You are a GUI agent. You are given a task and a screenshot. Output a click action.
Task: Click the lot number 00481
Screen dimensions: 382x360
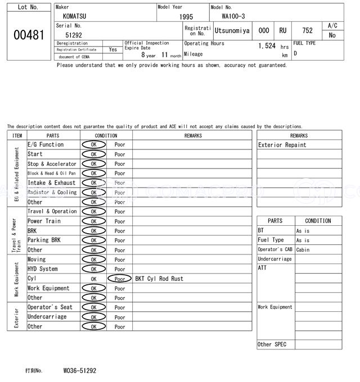tap(28, 35)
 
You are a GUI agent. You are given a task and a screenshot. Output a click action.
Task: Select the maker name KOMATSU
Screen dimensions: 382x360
tap(75, 16)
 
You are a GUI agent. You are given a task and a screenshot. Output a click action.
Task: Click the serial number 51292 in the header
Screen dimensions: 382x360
tap(74, 35)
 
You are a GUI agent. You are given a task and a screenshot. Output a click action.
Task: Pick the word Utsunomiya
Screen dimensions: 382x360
tap(232, 31)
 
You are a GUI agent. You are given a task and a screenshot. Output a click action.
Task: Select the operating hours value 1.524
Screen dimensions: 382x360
tap(267, 46)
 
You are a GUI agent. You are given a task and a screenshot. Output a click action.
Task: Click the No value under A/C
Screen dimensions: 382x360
tap(332, 35)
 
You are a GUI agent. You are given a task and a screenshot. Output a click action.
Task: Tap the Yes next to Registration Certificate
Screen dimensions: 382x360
tap(113, 49)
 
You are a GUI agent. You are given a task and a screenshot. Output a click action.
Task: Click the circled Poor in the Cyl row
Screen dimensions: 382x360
tap(120, 279)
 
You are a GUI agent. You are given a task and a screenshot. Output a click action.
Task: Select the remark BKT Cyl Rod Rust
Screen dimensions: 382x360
tap(159, 279)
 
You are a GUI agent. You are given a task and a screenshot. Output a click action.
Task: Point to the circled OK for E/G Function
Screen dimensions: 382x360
tap(93, 145)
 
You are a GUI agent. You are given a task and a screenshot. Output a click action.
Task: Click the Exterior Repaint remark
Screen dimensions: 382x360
tap(282, 145)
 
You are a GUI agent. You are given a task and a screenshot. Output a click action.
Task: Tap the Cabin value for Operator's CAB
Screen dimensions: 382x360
tap(303, 250)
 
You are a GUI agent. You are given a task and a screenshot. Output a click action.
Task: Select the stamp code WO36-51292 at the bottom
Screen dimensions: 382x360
tap(80, 371)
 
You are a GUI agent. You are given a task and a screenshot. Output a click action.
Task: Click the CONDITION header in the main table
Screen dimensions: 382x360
tap(106, 135)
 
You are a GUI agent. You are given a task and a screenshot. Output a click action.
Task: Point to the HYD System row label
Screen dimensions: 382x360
tap(43, 269)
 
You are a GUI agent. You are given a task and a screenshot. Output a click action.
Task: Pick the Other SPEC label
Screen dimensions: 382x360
tap(272, 344)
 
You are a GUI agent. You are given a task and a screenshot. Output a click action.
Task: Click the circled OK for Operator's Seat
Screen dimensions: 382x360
tap(93, 307)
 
